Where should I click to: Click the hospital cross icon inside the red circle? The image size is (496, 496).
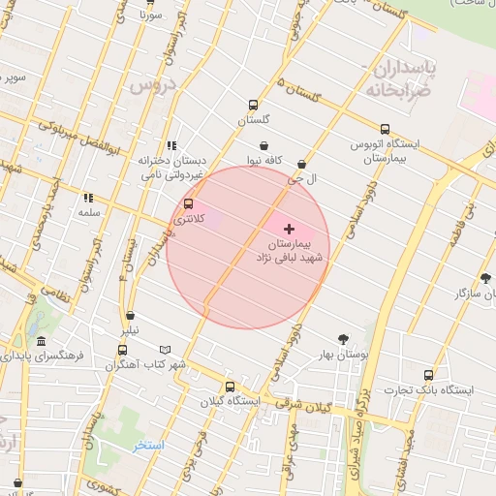click(x=289, y=229)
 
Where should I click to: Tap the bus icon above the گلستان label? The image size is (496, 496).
click(x=254, y=106)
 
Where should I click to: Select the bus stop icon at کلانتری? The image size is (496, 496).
click(x=188, y=204)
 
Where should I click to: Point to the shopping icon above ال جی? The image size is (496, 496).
click(x=303, y=166)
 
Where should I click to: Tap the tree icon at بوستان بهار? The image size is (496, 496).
click(x=344, y=339)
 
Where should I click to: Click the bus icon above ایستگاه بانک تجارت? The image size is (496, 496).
click(x=428, y=374)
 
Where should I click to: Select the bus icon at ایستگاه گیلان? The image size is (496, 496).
click(x=230, y=387)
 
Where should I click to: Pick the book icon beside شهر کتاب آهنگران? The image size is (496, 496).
click(x=165, y=350)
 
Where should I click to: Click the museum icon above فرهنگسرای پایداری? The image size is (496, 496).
click(x=41, y=341)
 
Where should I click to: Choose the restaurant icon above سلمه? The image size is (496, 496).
click(x=88, y=198)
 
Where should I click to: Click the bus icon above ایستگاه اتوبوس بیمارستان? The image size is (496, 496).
click(x=386, y=129)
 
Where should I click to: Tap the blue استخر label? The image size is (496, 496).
click(x=148, y=446)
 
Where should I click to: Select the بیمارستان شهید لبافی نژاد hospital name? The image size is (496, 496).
click(x=292, y=252)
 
